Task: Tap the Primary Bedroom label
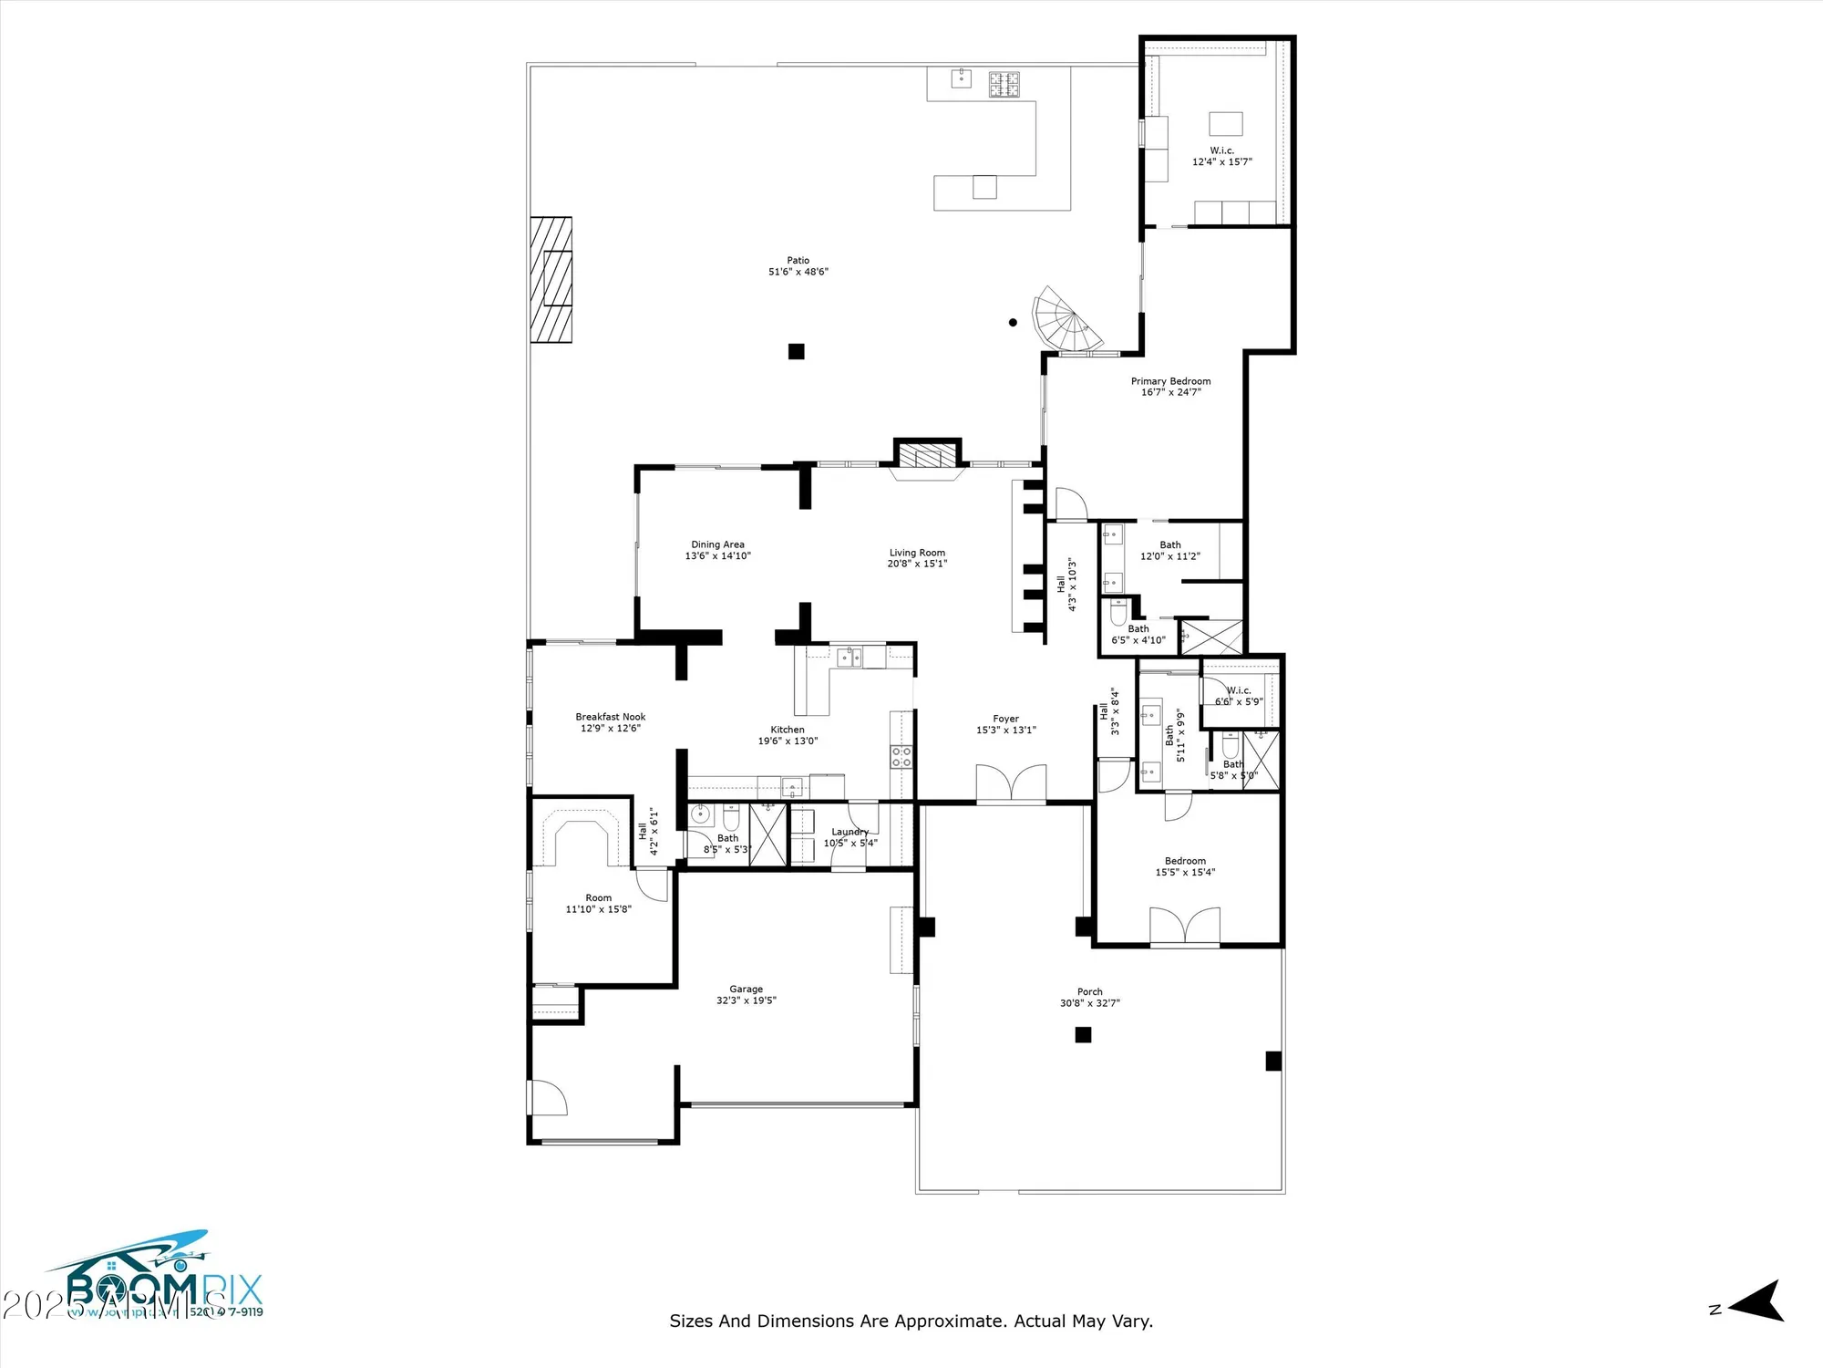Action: point(1170,381)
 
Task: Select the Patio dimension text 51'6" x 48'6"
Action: point(798,272)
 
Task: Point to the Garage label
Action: point(746,989)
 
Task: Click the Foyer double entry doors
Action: point(1011,783)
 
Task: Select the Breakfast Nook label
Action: point(610,717)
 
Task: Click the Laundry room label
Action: point(850,832)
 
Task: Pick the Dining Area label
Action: point(717,544)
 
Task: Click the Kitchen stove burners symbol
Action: point(901,756)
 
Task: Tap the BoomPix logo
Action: point(155,1277)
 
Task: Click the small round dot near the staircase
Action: point(1013,322)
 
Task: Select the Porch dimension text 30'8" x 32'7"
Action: point(1089,1003)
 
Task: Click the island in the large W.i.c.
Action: point(1225,123)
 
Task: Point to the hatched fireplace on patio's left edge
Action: point(551,279)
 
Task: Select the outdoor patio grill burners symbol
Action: point(1005,84)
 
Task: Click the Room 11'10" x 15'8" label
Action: point(598,898)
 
